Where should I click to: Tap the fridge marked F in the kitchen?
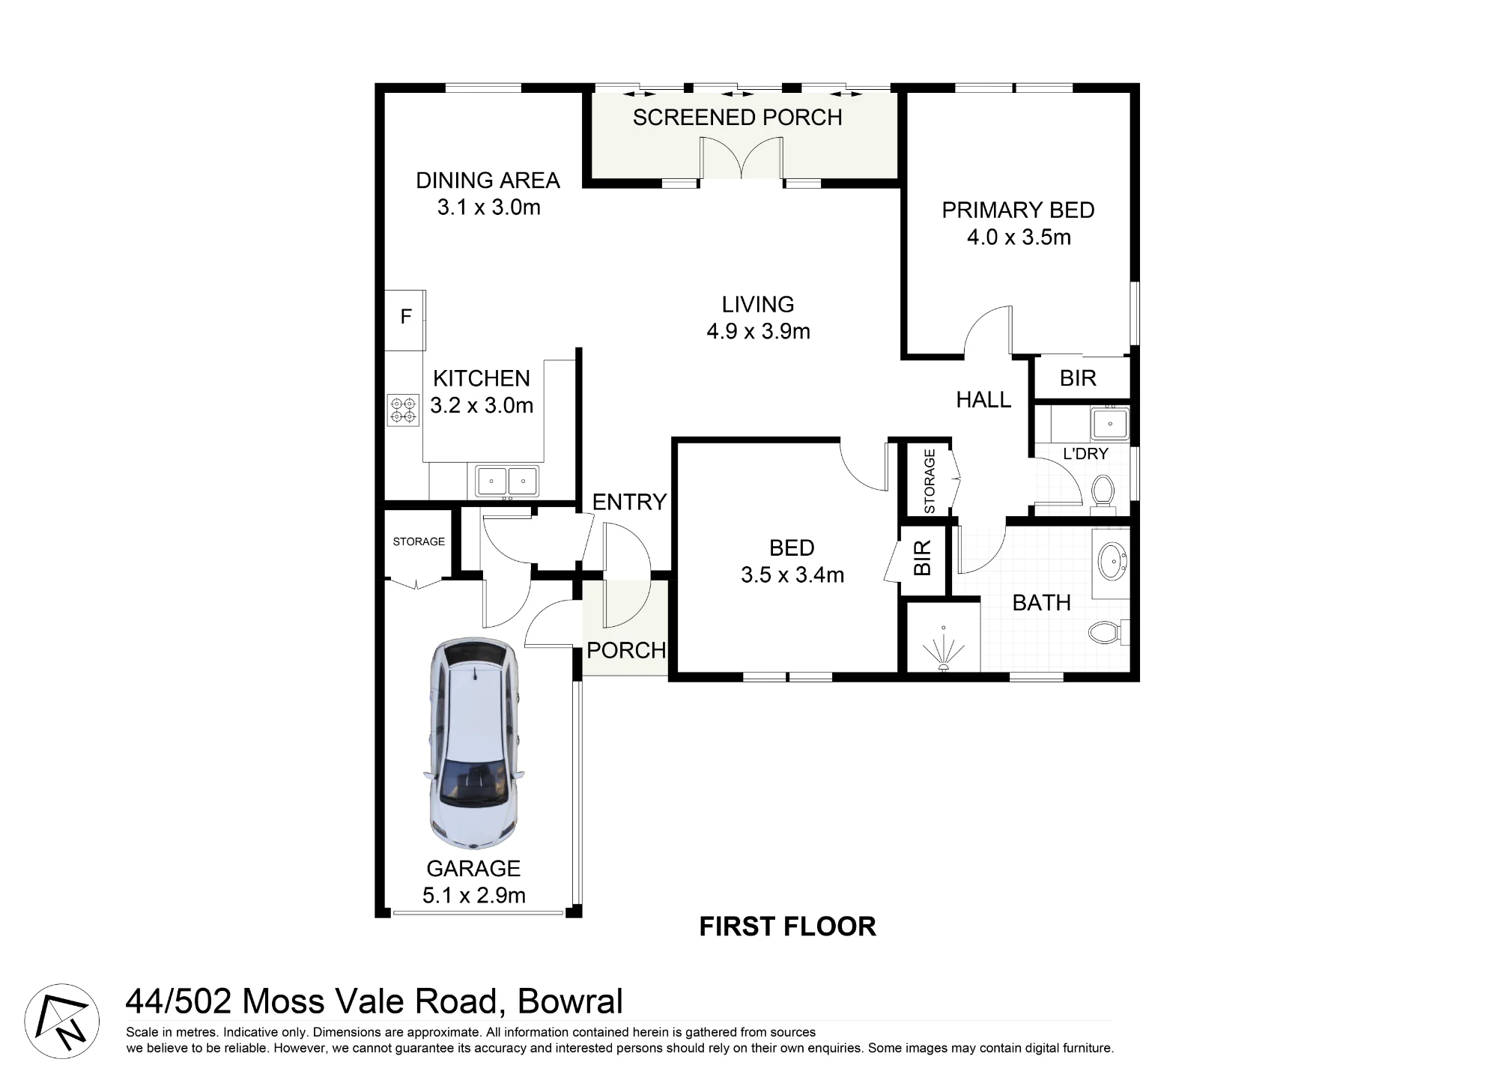405,320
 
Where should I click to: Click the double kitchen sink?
506,480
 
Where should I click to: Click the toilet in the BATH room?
1108,632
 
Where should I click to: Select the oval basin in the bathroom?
1113,562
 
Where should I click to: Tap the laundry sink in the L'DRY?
1109,423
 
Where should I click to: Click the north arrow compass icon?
62,1021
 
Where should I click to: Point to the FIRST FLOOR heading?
787,926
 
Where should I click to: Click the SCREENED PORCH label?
737,118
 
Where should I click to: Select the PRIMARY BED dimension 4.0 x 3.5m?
1019,237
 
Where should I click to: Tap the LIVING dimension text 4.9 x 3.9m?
758,331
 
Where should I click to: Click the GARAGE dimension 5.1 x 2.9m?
474,895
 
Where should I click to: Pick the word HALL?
983,400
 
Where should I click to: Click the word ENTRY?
629,502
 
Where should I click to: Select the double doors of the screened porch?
742,158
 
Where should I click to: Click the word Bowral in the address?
570,1001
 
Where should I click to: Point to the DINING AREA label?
488,180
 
